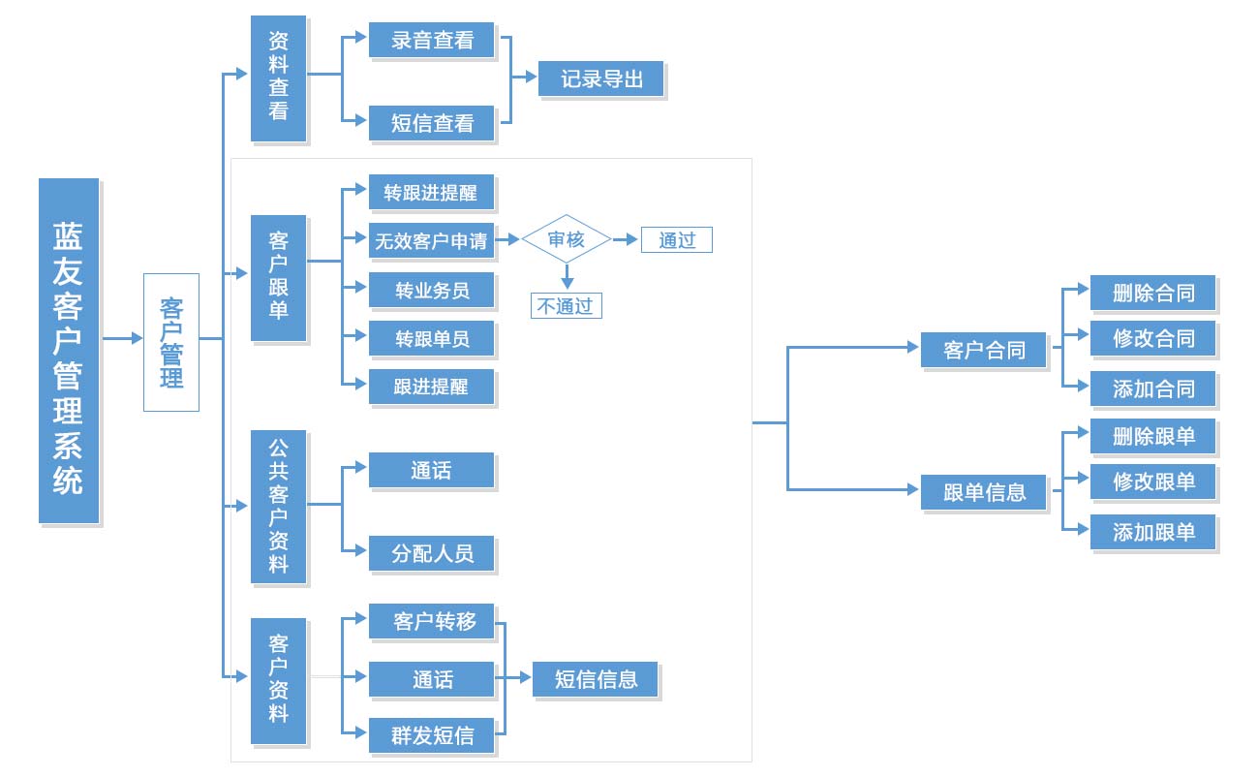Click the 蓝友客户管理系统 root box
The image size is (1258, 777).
[69, 350]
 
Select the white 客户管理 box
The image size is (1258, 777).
[171, 342]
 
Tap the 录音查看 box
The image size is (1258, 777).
[432, 41]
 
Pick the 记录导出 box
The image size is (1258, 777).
[600, 78]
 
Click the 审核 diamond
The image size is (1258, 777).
[567, 239]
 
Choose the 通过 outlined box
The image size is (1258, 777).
[676, 240]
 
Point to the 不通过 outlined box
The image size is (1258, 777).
[567, 306]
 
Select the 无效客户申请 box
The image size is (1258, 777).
[431, 241]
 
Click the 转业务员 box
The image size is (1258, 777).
[432, 290]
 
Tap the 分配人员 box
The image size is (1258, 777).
[432, 554]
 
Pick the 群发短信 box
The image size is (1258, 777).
[432, 735]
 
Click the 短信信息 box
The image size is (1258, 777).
[596, 679]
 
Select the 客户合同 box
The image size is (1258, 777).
[984, 350]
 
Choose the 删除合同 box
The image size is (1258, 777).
[1152, 293]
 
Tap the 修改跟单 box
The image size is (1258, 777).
[1152, 482]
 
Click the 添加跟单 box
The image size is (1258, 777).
[1152, 532]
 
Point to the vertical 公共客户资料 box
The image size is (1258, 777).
[278, 506]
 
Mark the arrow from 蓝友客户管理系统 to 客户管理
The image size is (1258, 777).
[123, 339]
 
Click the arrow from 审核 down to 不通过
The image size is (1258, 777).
[568, 276]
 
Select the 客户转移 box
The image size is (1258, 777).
[432, 622]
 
